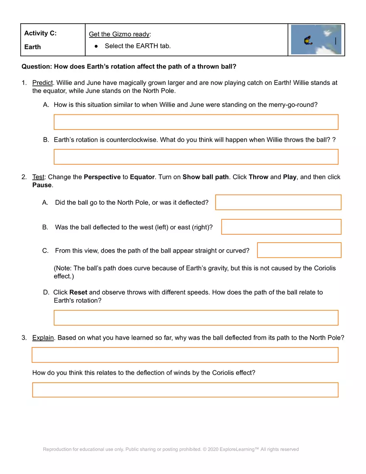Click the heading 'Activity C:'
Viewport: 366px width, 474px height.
[x=40, y=33]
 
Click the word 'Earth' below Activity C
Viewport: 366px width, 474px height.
[x=32, y=47]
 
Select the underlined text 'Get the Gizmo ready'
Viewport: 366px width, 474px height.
[x=119, y=34]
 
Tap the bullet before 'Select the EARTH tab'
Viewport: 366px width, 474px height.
[x=96, y=46]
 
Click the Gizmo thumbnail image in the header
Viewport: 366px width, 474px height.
[x=316, y=40]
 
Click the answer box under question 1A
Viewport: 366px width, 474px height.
[x=196, y=122]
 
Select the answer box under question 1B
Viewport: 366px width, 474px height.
[x=196, y=157]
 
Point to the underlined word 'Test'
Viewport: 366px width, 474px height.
[x=38, y=177]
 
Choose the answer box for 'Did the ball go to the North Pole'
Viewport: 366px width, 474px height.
[x=278, y=202]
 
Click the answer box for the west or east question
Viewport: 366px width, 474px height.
[x=281, y=227]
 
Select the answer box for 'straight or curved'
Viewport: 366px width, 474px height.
[x=299, y=250]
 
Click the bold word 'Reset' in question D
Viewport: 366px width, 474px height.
[x=78, y=292]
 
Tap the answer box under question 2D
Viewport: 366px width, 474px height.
[x=196, y=318]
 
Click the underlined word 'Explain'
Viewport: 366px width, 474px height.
[x=43, y=338]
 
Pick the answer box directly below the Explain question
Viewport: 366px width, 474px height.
[x=185, y=355]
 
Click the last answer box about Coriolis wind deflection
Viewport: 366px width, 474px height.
[x=185, y=390]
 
